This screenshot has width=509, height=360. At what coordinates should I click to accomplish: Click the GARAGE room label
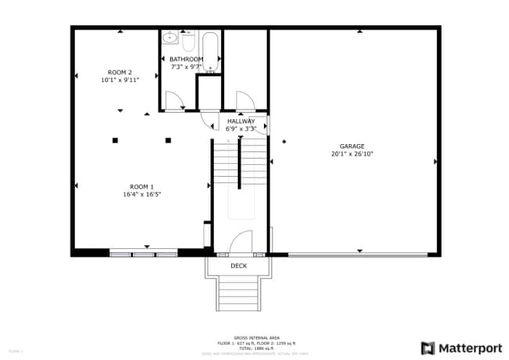tap(352, 146)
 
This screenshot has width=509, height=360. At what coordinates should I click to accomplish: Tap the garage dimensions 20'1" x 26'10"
tap(352, 154)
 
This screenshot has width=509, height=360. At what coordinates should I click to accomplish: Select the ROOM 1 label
tap(142, 186)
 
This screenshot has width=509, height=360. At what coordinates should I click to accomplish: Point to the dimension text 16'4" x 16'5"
tap(142, 194)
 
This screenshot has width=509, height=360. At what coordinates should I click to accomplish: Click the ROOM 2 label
tap(120, 72)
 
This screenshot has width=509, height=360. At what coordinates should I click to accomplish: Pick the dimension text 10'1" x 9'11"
tap(120, 80)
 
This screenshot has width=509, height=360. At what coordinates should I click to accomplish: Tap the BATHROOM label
tap(186, 59)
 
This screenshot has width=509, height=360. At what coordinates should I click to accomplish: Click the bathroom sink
tap(170, 38)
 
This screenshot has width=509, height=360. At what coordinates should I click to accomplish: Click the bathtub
tap(210, 52)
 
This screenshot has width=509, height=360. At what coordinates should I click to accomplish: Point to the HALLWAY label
tap(241, 121)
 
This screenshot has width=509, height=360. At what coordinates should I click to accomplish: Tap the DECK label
tap(239, 266)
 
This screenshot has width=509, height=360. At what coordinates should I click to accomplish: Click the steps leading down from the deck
tap(239, 294)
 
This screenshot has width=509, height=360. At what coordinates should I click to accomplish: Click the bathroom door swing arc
tap(175, 100)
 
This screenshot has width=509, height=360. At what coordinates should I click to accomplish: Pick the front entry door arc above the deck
tap(243, 243)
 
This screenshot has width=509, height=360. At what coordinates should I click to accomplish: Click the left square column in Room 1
tap(114, 140)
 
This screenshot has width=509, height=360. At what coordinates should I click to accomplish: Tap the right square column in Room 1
tap(168, 140)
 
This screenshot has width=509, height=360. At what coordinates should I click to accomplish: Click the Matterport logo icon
tap(428, 347)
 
